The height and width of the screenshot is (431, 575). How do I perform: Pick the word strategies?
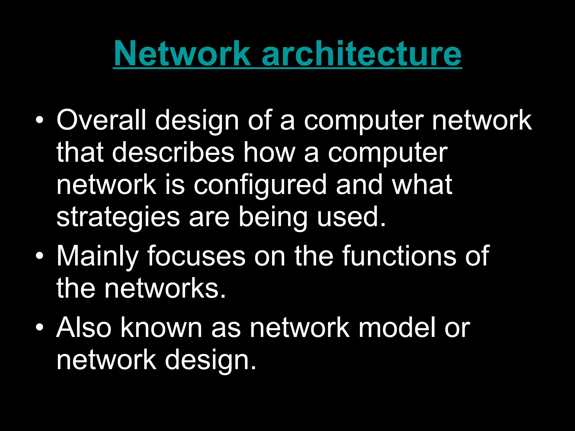118,217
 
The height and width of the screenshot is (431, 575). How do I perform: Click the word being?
273,217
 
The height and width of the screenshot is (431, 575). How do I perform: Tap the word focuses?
196,256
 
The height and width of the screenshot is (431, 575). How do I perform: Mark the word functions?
399,256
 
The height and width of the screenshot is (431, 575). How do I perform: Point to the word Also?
84,327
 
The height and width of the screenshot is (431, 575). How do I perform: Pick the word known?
161,327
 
